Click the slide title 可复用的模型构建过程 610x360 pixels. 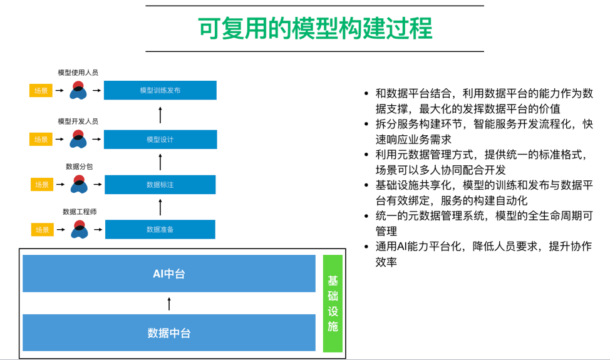pyautogui.click(x=314, y=29)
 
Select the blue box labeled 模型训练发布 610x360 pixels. pyautogui.click(x=160, y=90)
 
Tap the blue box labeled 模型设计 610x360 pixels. pyautogui.click(x=160, y=139)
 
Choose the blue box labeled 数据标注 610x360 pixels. pyautogui.click(x=160, y=185)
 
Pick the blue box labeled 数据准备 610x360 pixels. pyautogui.click(x=160, y=229)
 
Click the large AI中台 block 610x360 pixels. pyautogui.click(x=169, y=274)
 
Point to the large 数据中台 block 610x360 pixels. pyautogui.click(x=169, y=332)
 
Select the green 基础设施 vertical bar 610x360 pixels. pyautogui.click(x=333, y=303)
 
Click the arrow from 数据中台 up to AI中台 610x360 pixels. pyautogui.click(x=169, y=304)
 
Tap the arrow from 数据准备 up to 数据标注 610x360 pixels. pyautogui.click(x=160, y=207)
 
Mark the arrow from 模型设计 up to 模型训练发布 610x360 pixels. pyautogui.click(x=160, y=115)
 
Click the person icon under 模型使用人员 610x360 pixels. pyautogui.click(x=78, y=91)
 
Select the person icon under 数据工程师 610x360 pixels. pyautogui.click(x=79, y=230)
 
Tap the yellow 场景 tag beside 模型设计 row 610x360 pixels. pyautogui.click(x=41, y=139)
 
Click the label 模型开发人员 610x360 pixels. pyautogui.click(x=78, y=121)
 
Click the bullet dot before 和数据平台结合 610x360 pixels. pyautogui.click(x=367, y=94)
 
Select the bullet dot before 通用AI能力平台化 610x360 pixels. pyautogui.click(x=367, y=247)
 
